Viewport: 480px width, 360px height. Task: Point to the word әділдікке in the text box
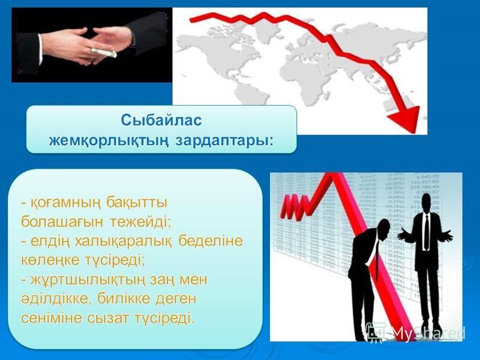click(52, 299)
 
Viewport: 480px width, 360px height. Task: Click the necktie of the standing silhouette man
click(426, 228)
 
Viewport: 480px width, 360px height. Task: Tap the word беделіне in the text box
click(208, 241)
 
